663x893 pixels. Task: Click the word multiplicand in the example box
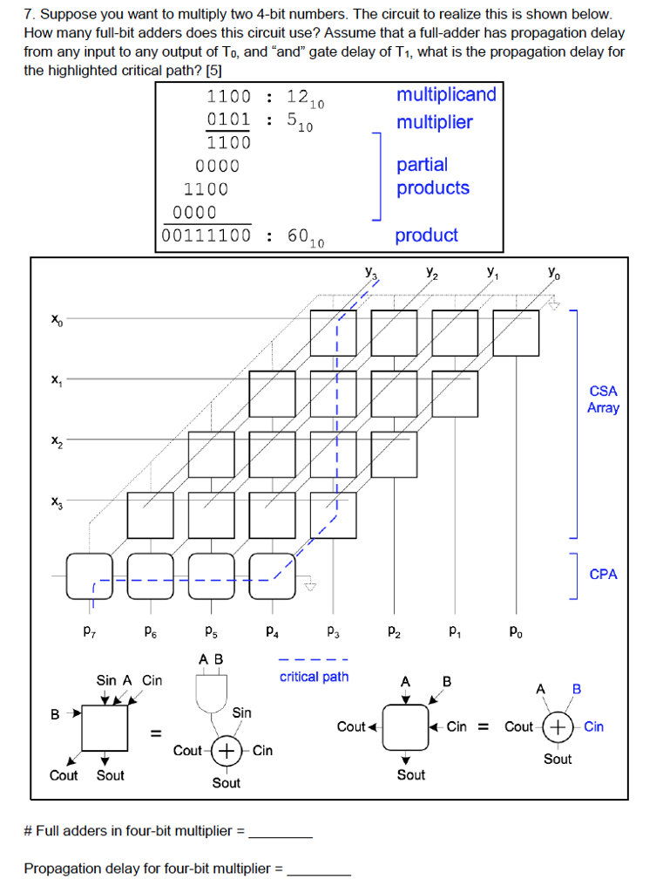pyautogui.click(x=446, y=94)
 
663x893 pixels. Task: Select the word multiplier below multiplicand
pyautogui.click(x=435, y=122)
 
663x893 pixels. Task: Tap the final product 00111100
pyautogui.click(x=206, y=235)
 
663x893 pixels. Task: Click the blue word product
pyautogui.click(x=426, y=235)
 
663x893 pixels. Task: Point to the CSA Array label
pyautogui.click(x=603, y=399)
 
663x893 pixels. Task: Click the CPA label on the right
pyautogui.click(x=603, y=574)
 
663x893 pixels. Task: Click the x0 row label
pyautogui.click(x=57, y=321)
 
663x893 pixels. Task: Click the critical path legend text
pyautogui.click(x=314, y=677)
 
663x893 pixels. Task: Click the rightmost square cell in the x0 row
pyautogui.click(x=516, y=332)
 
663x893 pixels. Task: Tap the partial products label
pyautogui.click(x=433, y=176)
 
